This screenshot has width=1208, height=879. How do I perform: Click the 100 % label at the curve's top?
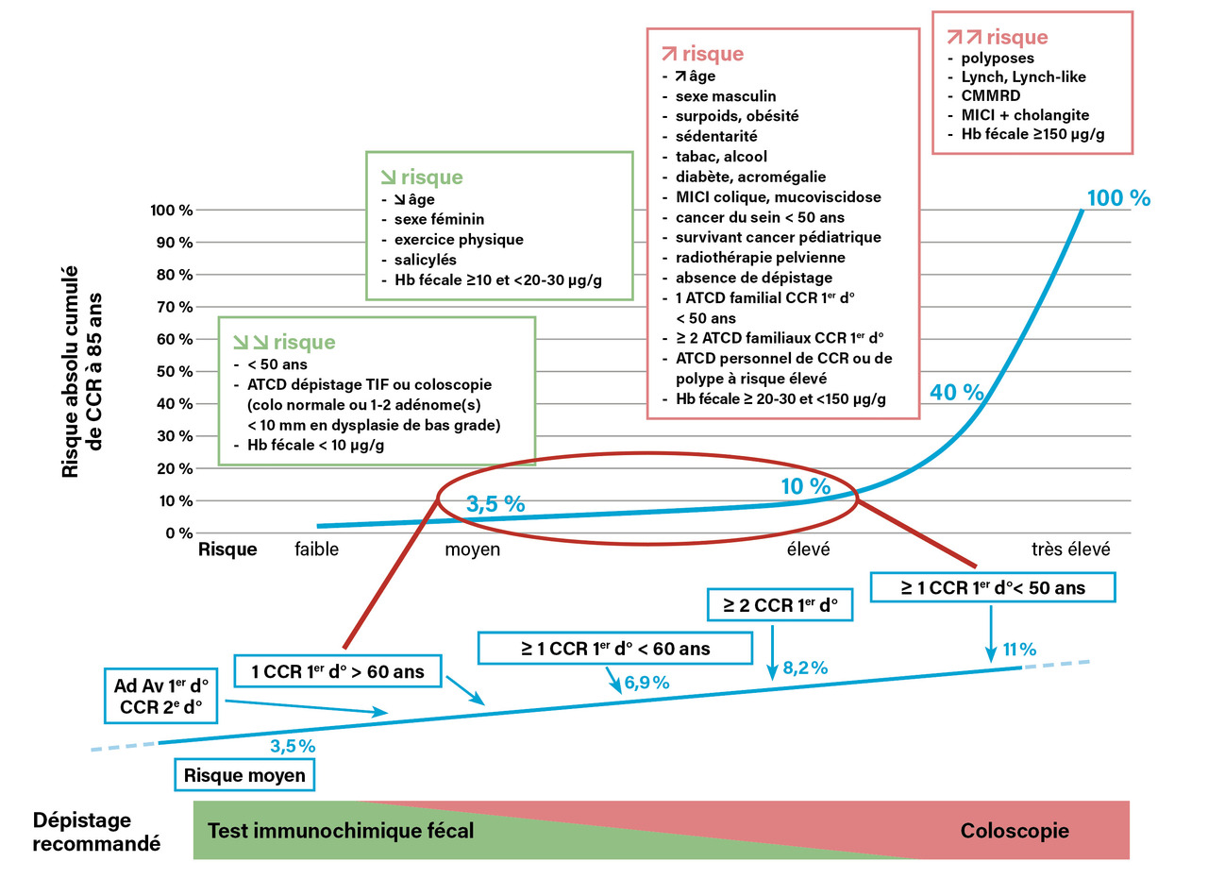click(x=1118, y=198)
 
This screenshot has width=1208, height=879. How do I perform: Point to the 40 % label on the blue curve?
click(x=956, y=393)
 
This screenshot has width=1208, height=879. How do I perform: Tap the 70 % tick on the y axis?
click(x=173, y=307)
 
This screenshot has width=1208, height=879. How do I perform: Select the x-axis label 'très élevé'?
click(x=1070, y=549)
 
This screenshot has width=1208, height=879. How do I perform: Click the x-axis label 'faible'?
click(x=316, y=549)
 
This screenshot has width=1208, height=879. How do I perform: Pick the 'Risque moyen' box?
click(x=244, y=775)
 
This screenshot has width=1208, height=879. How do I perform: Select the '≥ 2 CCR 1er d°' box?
click(x=780, y=604)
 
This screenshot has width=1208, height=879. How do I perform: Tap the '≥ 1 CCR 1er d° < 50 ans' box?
click(x=992, y=587)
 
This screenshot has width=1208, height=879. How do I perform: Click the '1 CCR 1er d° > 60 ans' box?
click(x=337, y=672)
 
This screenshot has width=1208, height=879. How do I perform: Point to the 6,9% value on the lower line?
click(x=646, y=683)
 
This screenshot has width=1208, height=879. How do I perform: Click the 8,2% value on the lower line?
click(x=805, y=668)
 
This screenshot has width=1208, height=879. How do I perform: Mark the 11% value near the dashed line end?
click(x=1019, y=650)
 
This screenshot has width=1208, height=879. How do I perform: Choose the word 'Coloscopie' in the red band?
click(x=1015, y=831)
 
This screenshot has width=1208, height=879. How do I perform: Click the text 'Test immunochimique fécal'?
click(x=340, y=831)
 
